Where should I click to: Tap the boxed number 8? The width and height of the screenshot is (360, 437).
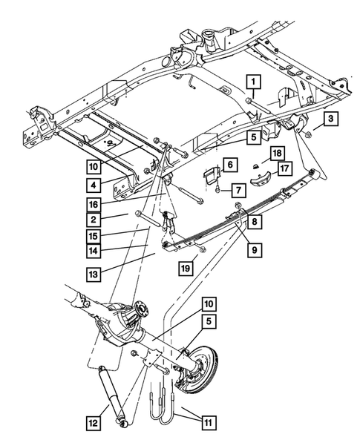(255, 222)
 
